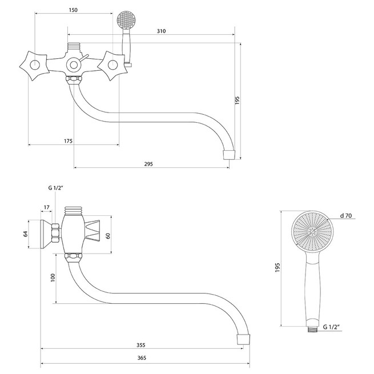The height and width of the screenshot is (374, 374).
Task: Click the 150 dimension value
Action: pos(73,10)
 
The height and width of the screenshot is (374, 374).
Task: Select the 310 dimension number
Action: pos(161,31)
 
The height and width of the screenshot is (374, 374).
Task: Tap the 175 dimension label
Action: pos(68,141)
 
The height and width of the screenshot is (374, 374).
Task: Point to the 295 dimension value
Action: pos(148,164)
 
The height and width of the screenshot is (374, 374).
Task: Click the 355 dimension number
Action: pos(140,345)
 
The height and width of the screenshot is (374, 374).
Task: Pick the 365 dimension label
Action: pos(142,358)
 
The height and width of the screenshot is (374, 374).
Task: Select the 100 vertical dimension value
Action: pos(53,278)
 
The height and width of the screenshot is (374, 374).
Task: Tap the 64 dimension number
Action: pos(26,234)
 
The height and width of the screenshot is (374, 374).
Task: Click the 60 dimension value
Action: pos(108,236)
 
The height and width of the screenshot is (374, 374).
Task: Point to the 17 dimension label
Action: pos(46,207)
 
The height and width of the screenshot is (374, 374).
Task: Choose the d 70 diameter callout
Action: pos(346,216)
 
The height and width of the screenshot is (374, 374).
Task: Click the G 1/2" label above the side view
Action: pos(55,188)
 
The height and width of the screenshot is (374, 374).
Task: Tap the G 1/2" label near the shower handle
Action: pos(331,327)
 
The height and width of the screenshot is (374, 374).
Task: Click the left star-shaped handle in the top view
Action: pos(35,65)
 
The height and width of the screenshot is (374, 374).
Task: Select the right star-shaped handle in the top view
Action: pos(112,65)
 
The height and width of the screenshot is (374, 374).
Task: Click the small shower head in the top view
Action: pos(126,20)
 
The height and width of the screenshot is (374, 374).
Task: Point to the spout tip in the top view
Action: pos(229,155)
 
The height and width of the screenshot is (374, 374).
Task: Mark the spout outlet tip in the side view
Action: pos(243,339)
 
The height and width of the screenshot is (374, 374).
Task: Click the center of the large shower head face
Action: pos(312,232)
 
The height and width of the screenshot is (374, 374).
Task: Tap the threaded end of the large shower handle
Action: pos(312,329)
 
